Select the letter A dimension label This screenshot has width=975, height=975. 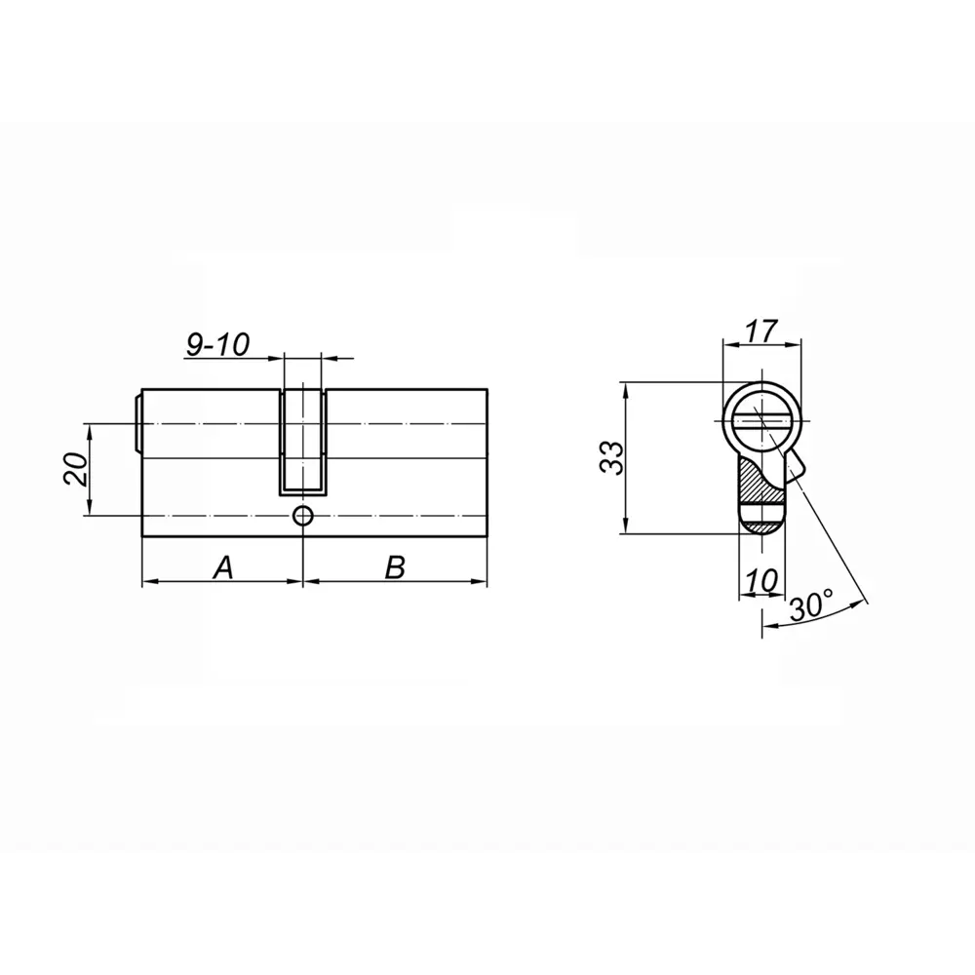tap(223, 567)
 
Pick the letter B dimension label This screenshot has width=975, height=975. tap(394, 567)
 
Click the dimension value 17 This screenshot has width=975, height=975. tap(760, 331)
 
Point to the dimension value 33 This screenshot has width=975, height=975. tap(610, 457)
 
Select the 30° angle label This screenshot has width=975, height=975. tap(811, 606)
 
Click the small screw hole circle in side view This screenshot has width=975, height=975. tap(303, 516)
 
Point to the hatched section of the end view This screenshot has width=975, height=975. tap(756, 478)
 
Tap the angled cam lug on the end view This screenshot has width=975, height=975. tap(795, 466)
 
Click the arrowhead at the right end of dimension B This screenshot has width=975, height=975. tap(481, 582)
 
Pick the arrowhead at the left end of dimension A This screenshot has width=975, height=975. tap(149, 582)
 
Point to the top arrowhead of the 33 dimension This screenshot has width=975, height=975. tap(625, 389)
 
